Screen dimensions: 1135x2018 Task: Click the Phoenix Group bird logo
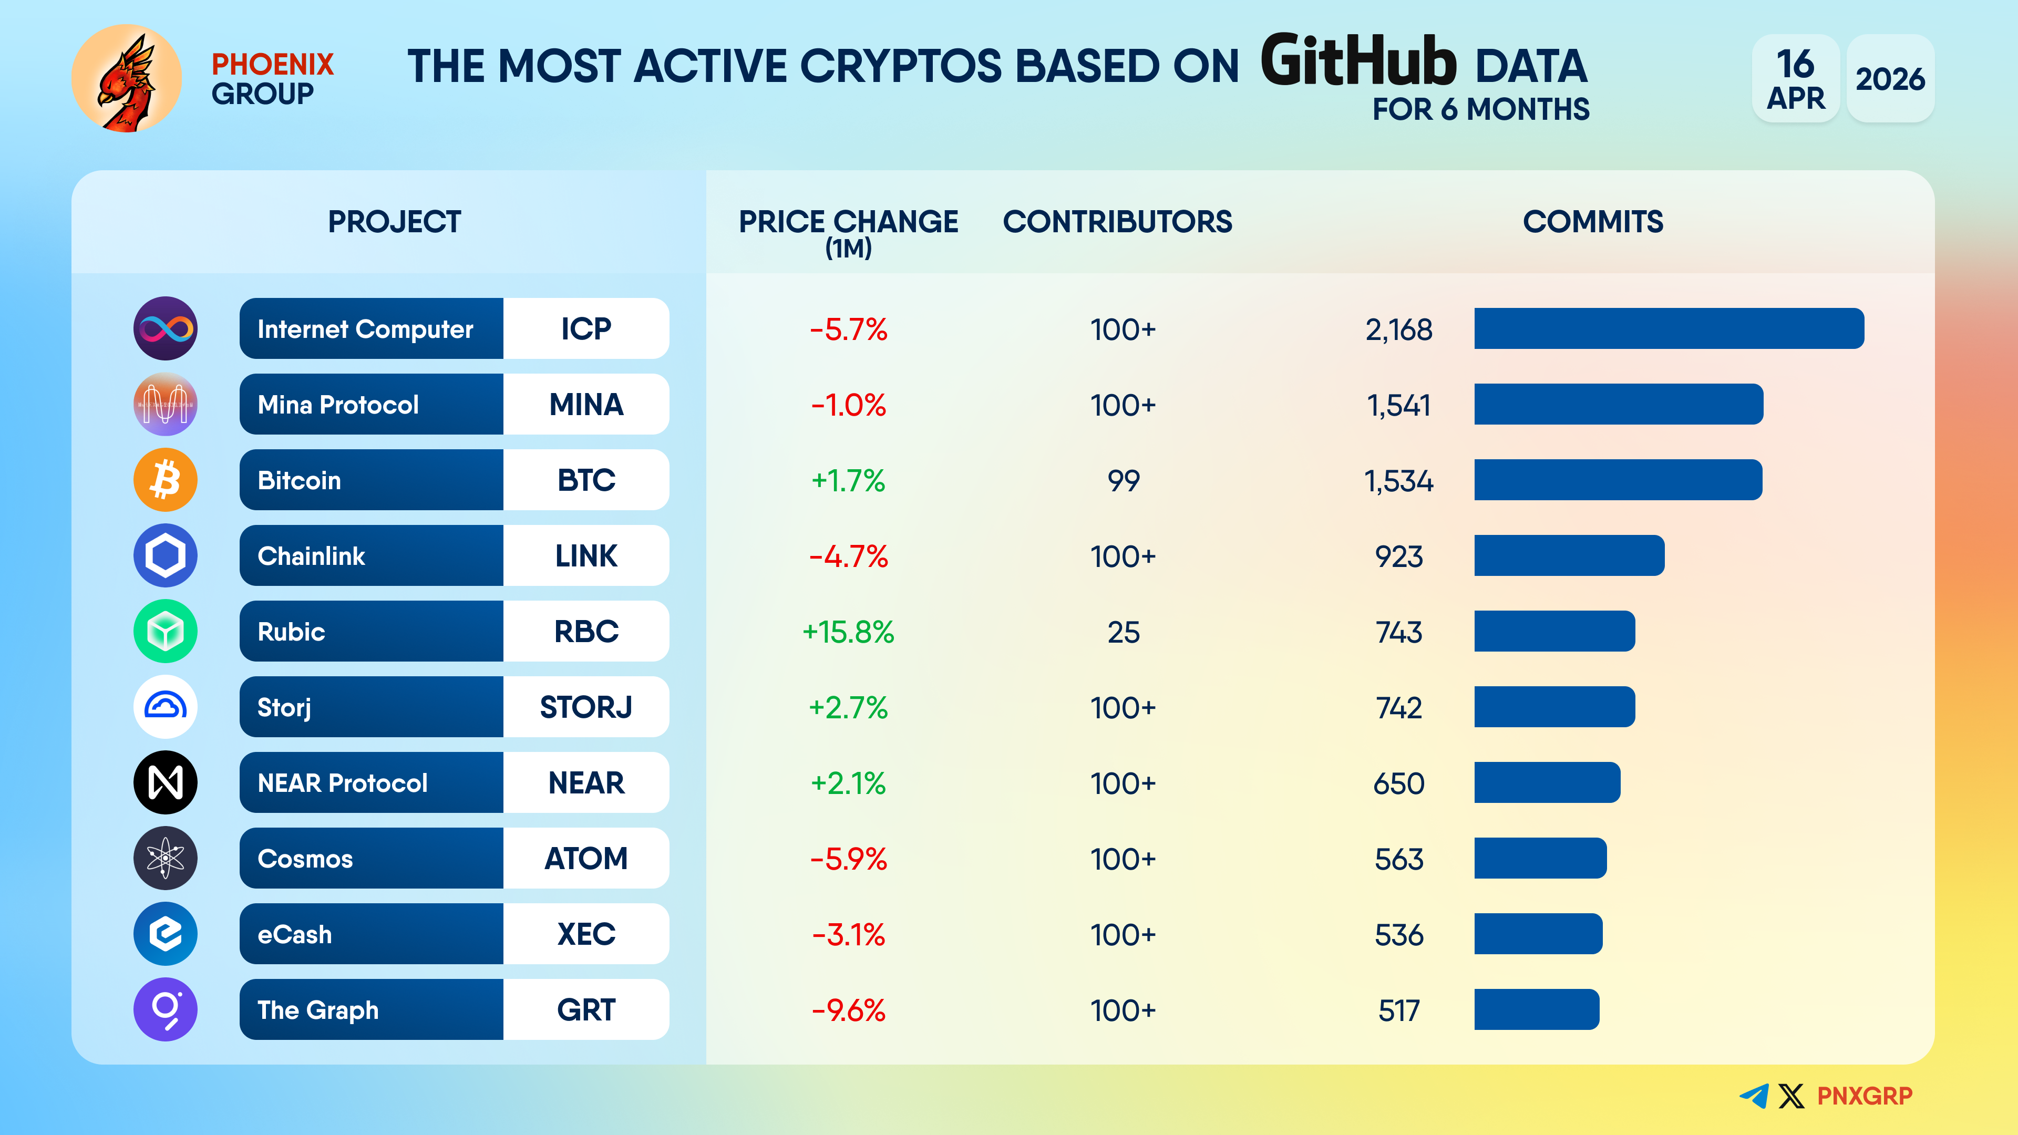pyautogui.click(x=126, y=78)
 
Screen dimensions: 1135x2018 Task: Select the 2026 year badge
pyautogui.click(x=1890, y=78)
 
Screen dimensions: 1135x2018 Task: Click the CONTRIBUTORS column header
pyautogui.click(x=1117, y=222)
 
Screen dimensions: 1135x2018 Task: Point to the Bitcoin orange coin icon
pyautogui.click(x=166, y=479)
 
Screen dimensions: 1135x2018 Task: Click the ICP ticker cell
pyautogui.click(x=586, y=328)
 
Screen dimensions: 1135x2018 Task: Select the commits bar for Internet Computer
pyautogui.click(x=1669, y=328)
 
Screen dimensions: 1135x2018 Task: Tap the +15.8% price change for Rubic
pyautogui.click(x=848, y=631)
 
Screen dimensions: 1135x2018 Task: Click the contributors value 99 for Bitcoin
pyautogui.click(x=1123, y=480)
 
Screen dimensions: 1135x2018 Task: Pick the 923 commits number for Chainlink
pyautogui.click(x=1398, y=556)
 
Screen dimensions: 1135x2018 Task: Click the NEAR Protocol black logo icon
pyautogui.click(x=166, y=782)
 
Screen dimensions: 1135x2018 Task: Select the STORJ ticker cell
pyautogui.click(x=586, y=707)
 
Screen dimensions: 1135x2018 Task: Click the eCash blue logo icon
pyautogui.click(x=166, y=934)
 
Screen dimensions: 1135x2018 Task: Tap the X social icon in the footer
pyautogui.click(x=1791, y=1096)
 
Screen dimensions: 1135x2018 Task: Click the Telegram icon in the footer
pyautogui.click(x=1754, y=1096)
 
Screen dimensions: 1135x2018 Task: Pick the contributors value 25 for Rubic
pyautogui.click(x=1123, y=631)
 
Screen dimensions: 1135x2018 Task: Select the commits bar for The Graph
pyautogui.click(x=1536, y=1009)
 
